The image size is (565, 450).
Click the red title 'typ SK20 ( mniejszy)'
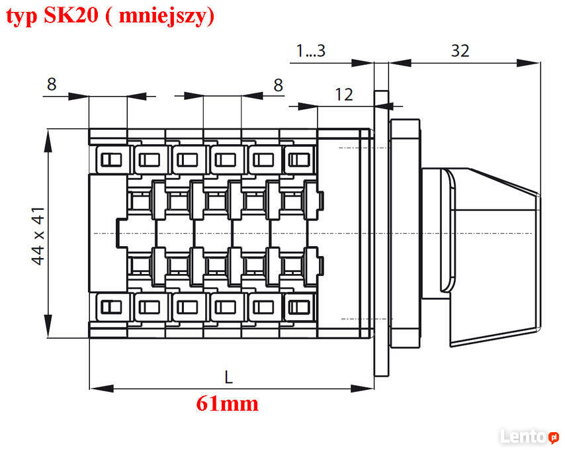point(110,16)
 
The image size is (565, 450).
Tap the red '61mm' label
point(228,404)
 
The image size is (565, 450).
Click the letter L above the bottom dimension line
point(228,377)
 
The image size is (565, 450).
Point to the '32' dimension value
point(460,51)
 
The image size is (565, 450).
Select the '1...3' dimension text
point(310,51)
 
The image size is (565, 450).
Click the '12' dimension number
point(344,95)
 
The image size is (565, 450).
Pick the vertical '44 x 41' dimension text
point(38,236)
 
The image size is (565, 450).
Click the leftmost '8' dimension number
point(52,84)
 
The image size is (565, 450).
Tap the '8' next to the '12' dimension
point(278,85)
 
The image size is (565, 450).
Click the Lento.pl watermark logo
point(529,436)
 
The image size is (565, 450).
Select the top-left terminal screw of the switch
point(111,159)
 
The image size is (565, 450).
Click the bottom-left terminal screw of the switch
point(111,307)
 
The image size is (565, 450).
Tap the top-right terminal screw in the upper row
point(300,159)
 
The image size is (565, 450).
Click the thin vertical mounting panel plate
point(381,234)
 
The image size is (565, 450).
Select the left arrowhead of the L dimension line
point(102,388)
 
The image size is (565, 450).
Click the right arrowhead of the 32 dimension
point(528,63)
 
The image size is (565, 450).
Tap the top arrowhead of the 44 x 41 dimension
point(48,141)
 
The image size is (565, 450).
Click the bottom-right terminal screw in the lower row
point(300,307)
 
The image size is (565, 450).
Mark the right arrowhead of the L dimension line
point(362,388)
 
